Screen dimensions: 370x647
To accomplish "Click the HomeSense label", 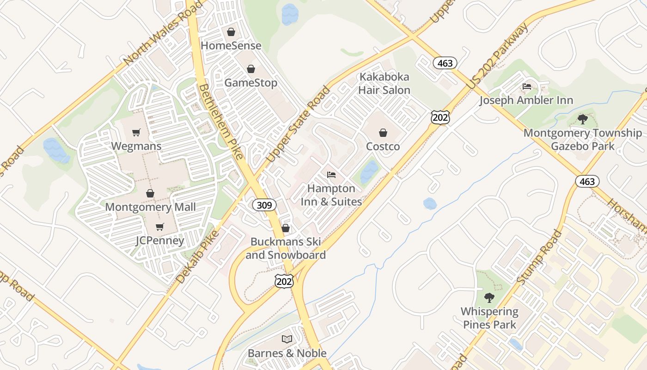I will pos(231,46).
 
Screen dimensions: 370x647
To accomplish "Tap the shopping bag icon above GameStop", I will pos(250,69).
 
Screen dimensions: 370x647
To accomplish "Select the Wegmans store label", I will pos(136,146).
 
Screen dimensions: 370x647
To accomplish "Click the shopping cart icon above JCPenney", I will pos(159,227).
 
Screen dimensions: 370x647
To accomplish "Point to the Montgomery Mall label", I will pos(150,207).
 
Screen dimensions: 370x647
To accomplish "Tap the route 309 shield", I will pos(264,204).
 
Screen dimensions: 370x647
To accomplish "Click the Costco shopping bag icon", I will pos(383,133).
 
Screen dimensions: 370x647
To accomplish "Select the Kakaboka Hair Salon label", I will pos(384,83).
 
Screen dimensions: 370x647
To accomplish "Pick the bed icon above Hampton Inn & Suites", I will pos(331,175).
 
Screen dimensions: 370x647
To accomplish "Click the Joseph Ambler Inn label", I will pos(526,100).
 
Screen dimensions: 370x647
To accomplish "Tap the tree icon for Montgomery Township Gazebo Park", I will pos(583,119).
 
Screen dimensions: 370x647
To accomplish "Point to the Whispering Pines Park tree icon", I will pos(489,298).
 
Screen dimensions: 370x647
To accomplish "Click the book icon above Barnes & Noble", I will pos(287,339).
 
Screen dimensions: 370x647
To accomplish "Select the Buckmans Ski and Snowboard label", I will pos(286,248).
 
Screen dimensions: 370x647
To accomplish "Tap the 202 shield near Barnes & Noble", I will pos(284,281).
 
